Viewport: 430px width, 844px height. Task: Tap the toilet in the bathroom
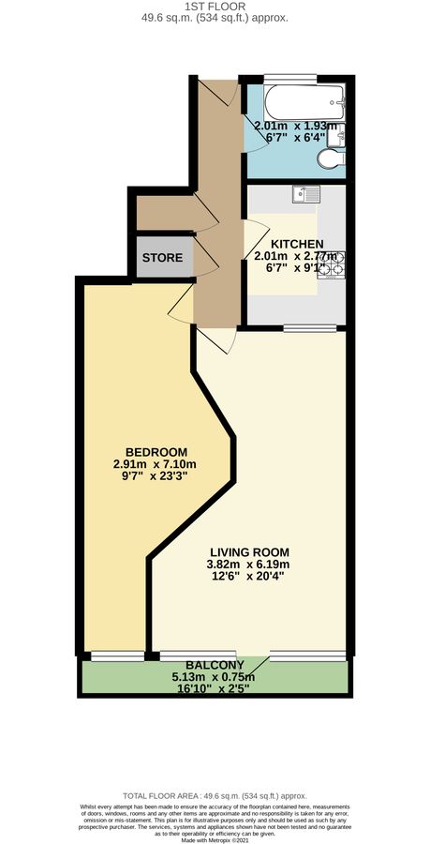[329, 160]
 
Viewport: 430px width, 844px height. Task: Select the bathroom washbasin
[342, 133]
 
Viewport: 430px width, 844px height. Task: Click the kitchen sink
[305, 195]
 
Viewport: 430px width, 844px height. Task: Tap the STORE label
[162, 257]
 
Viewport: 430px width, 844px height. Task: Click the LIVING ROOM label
[249, 551]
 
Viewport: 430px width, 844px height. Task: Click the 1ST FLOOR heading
[215, 7]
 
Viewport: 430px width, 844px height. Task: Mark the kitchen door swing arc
[253, 235]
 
